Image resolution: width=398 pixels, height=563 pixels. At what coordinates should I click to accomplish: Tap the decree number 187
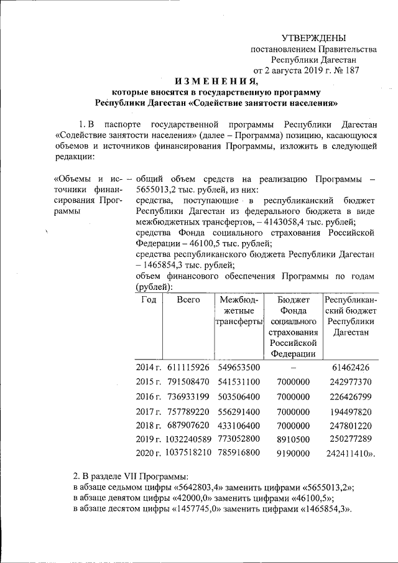(350, 70)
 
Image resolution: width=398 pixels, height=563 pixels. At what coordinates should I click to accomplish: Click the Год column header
(148, 300)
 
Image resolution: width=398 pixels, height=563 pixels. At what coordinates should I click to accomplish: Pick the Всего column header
(188, 300)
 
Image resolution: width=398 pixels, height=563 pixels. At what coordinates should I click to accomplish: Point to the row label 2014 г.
(148, 367)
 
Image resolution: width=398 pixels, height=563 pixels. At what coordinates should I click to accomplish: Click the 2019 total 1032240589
(188, 439)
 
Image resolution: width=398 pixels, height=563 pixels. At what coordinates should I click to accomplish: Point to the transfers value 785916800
(239, 454)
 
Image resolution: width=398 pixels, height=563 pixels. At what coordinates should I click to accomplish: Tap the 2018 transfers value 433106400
(239, 425)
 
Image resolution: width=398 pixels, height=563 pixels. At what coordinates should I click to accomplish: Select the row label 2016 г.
(148, 396)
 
